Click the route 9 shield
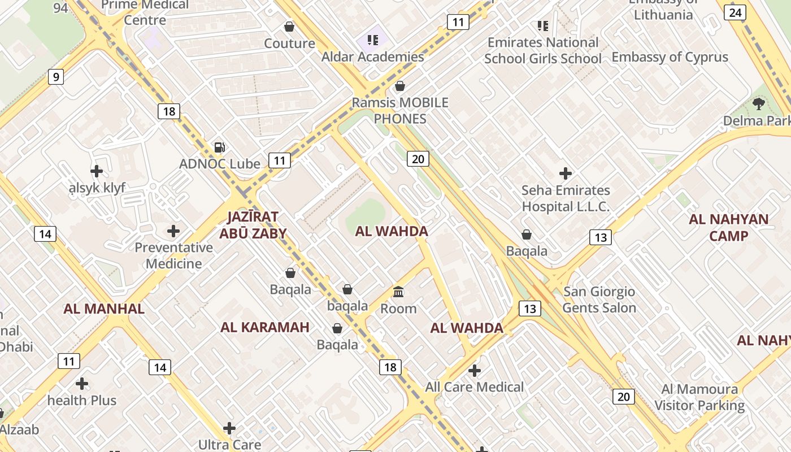[x=55, y=77]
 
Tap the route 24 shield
[x=735, y=12]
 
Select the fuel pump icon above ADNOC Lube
[x=220, y=147]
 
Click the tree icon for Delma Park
[x=759, y=103]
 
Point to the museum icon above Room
[x=398, y=292]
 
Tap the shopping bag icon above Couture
[x=289, y=27]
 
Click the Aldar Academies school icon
[x=372, y=40]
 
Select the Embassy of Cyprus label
[x=670, y=57]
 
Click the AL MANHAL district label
[x=104, y=309]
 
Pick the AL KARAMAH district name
[x=265, y=327]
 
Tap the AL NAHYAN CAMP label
[x=728, y=228]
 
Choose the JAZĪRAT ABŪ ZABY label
[x=257, y=225]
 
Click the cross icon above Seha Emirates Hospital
[x=565, y=173]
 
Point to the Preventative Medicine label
[x=174, y=255]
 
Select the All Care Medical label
[x=475, y=387]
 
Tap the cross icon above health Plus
[x=82, y=384]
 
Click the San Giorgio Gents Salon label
[x=599, y=300]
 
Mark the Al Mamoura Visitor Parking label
[x=699, y=397]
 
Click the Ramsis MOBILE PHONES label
[x=400, y=111]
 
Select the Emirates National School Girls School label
[x=543, y=50]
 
